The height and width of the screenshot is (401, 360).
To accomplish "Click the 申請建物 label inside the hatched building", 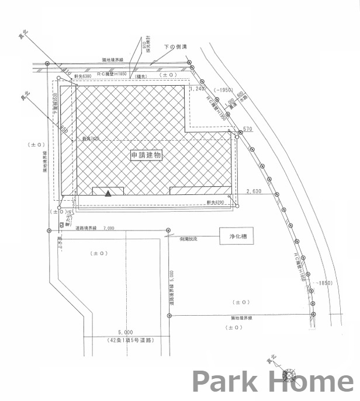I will coord(145,156).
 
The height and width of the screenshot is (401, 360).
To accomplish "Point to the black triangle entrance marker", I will coord(108,194).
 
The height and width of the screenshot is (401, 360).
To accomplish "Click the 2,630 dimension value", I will coord(255,191).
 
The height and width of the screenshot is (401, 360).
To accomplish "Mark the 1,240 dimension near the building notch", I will coord(198,89).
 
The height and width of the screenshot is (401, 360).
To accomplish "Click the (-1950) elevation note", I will coord(223,90).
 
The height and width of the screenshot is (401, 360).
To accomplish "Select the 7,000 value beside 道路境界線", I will coord(108,228).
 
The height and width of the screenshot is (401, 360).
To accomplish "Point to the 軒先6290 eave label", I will coord(215,202).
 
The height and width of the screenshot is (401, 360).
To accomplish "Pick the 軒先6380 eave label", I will coord(83,76).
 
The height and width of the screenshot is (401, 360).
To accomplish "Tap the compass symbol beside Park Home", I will coord(289,375).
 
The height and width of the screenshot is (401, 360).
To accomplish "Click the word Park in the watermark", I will coord(224,382).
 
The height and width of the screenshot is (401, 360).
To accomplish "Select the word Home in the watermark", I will coord(309,382).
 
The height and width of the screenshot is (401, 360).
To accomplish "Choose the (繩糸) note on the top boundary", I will coord(140,76).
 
